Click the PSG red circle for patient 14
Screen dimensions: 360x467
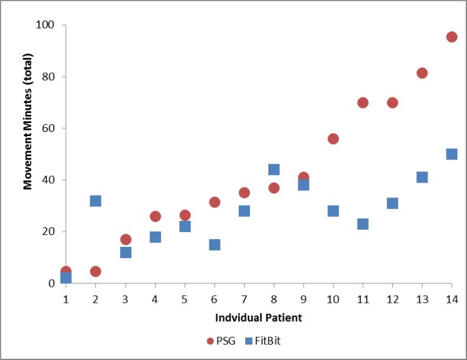[452, 37]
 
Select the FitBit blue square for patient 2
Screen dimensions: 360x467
[96, 201]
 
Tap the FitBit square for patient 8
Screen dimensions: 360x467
[274, 170]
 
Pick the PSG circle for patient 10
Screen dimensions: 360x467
[333, 139]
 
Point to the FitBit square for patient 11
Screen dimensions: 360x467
[363, 224]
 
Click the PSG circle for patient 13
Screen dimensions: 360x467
[422, 73]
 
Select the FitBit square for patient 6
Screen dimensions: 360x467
[215, 245]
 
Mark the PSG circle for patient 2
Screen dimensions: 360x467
[96, 272]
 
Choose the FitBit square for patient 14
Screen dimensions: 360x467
[452, 154]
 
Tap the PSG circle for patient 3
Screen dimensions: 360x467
[126, 240]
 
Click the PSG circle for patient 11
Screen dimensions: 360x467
[363, 103]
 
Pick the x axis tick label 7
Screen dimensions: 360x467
[244, 299]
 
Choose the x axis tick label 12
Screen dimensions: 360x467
[392, 299]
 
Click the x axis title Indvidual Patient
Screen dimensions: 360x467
[259, 318]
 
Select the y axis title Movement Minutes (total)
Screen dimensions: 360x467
[27, 122]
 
